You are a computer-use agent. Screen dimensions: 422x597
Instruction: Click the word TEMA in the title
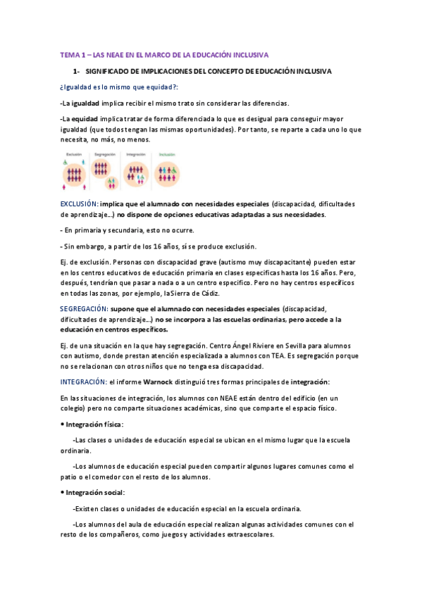(x=70, y=54)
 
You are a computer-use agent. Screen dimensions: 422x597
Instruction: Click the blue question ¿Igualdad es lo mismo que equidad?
(x=119, y=87)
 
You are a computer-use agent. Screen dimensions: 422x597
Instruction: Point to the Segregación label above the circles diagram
(x=105, y=153)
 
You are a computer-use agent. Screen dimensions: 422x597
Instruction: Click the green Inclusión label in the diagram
(x=168, y=153)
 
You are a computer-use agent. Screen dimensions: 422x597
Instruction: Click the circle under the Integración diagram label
(x=137, y=173)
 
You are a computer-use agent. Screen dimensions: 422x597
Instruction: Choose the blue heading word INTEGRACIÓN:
(x=82, y=382)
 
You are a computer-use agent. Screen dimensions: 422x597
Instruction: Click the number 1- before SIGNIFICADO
(x=77, y=72)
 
